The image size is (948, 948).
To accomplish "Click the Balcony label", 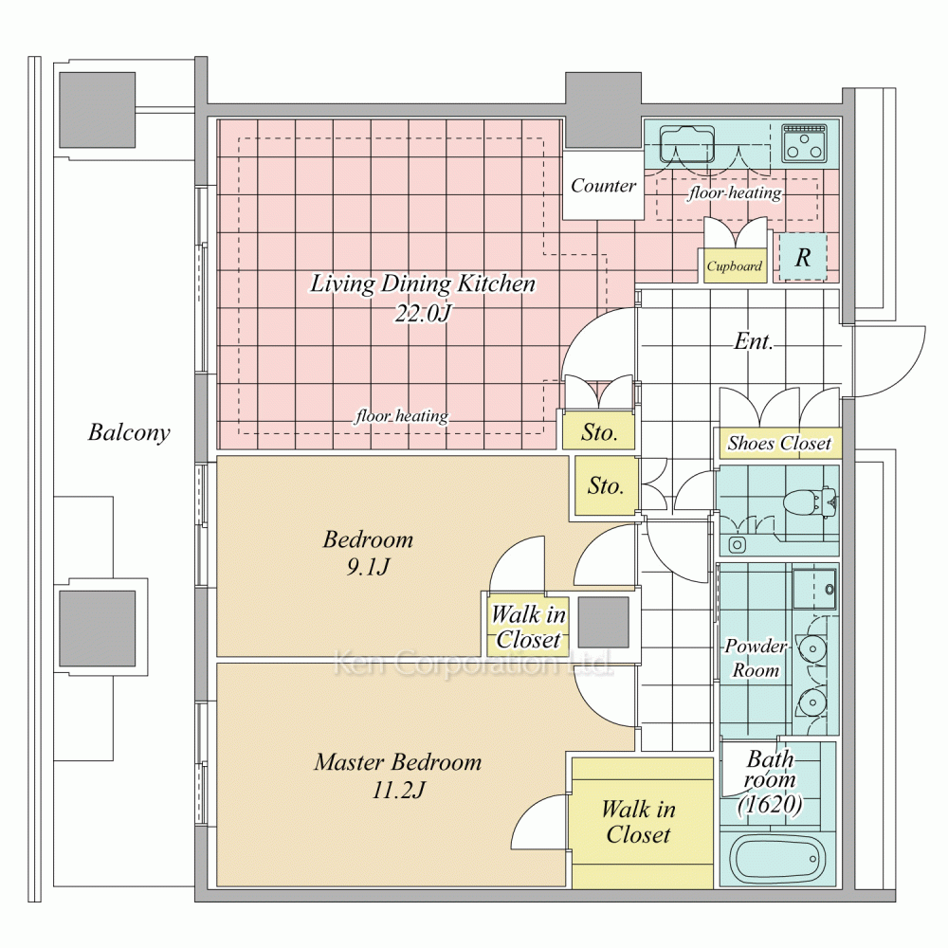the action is [129, 432].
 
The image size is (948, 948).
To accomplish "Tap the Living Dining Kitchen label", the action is [423, 283].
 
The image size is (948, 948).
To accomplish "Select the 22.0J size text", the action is [423, 313].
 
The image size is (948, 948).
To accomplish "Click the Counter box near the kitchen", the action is [603, 186].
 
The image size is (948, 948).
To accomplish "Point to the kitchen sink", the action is [686, 144].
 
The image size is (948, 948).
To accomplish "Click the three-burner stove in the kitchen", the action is [804, 143].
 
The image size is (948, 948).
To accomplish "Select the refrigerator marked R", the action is [803, 257].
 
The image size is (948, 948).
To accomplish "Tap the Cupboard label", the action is [735, 266].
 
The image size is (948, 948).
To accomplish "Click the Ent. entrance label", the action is [754, 341].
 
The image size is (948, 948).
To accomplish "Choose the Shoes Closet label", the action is [778, 443].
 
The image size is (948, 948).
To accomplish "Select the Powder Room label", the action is [756, 658].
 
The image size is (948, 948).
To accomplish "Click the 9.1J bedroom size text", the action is [368, 567].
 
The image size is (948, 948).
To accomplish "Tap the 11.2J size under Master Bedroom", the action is [398, 790].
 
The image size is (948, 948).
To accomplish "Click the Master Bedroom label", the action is [398, 762].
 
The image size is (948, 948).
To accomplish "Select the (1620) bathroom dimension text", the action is [770, 805].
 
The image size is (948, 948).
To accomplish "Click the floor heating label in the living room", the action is [401, 416].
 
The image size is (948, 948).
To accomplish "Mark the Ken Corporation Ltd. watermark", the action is [473, 664].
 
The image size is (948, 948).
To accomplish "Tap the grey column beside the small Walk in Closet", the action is [603, 623].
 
